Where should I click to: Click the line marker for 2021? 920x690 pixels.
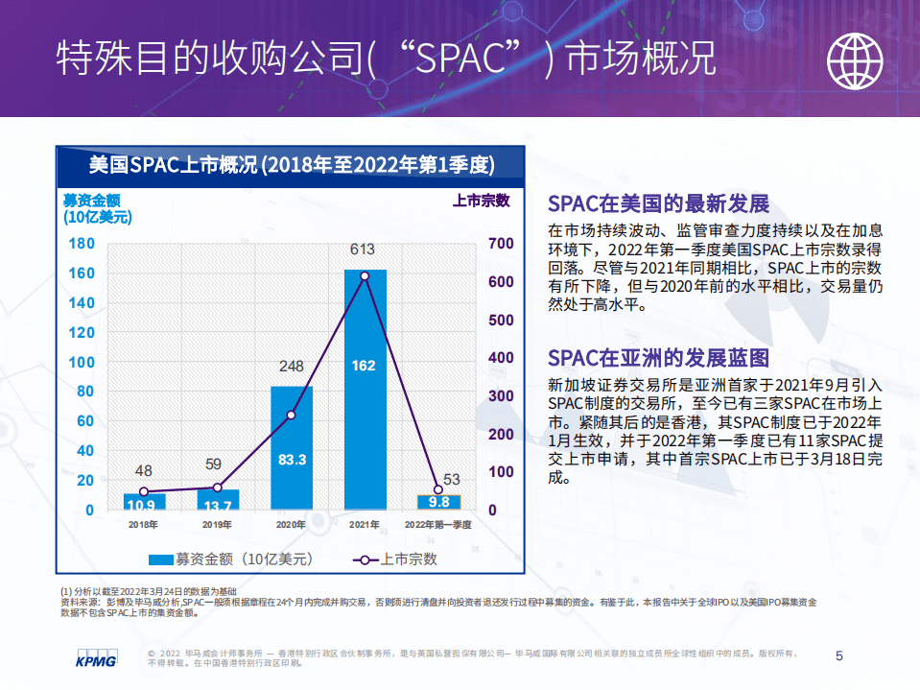365,276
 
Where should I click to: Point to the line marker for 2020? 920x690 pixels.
291,415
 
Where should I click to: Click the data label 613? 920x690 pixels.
362,250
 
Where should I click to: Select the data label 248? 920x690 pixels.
291,367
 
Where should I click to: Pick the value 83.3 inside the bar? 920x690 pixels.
291,461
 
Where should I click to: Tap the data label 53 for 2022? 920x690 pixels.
451,480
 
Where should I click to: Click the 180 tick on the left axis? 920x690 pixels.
83,244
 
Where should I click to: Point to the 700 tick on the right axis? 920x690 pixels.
501,244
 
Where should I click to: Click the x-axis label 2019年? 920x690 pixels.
217,525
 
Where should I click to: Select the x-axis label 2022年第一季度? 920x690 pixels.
438,525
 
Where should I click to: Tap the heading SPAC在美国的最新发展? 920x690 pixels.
658,203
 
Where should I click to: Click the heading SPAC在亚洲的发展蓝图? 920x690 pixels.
658,358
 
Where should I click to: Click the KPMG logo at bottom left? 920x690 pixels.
96,658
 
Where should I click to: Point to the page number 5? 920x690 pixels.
839,656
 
